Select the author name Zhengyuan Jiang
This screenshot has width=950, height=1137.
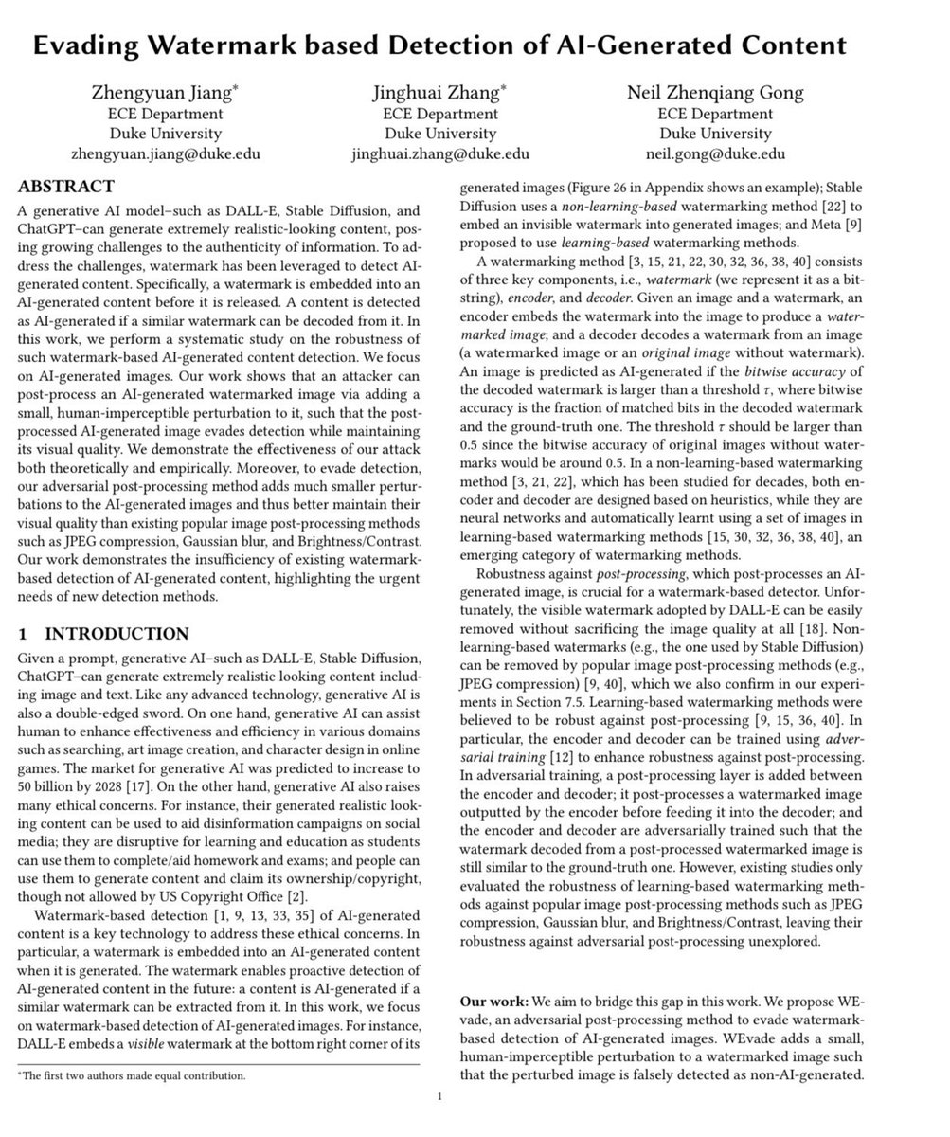tap(163, 92)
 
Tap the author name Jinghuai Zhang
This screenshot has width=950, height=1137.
tap(439, 92)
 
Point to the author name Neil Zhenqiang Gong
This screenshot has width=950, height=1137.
tap(715, 92)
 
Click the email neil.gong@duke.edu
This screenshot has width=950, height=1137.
tap(715, 153)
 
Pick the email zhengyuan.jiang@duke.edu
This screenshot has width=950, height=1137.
tap(166, 153)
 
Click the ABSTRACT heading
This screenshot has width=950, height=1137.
tap(65, 186)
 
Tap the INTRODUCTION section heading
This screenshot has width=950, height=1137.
tap(117, 634)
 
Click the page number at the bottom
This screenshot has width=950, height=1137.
tap(440, 1097)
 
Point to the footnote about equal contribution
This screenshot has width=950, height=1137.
tap(132, 1075)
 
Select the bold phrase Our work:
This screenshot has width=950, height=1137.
tap(493, 1002)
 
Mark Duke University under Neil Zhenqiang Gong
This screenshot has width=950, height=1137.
tap(715, 133)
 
